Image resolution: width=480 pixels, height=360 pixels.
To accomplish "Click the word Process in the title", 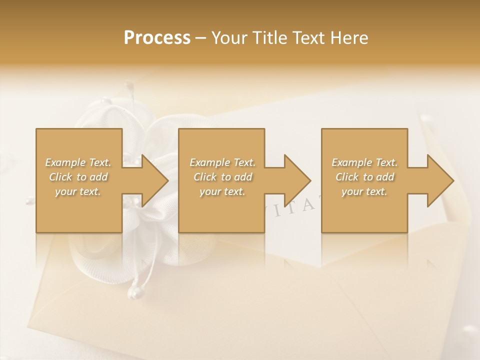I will (x=157, y=38).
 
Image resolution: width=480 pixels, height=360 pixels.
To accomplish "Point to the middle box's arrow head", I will (x=296, y=181).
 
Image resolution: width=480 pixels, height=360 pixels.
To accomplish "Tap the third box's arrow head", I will (x=439, y=181).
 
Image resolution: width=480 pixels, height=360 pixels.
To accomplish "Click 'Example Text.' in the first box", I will (x=78, y=162).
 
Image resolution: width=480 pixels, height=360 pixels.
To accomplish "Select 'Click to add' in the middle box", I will (x=222, y=177).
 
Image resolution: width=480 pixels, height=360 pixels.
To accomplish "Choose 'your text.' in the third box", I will (x=364, y=191).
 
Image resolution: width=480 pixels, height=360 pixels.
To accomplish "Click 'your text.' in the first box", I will (x=78, y=191).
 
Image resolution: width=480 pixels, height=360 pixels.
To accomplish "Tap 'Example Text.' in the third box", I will (x=364, y=162).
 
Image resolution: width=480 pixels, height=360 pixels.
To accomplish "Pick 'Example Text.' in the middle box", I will (x=222, y=162).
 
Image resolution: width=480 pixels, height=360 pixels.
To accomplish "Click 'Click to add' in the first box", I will (x=78, y=177).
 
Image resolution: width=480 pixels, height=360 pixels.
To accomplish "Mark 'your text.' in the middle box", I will (x=222, y=191).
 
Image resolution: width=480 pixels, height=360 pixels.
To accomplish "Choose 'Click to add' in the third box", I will (x=364, y=177).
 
